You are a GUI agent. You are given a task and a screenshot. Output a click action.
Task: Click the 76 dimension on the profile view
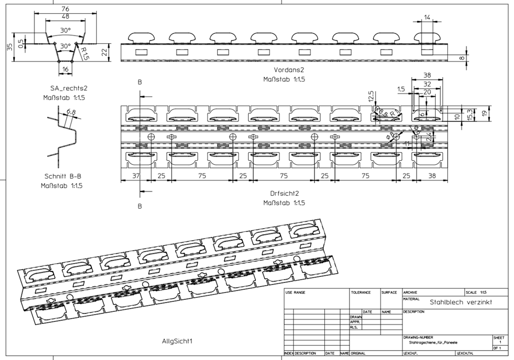coord(65,9)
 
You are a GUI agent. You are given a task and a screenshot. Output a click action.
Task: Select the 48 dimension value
coord(65,18)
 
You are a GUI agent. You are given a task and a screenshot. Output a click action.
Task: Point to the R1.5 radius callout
coord(85,53)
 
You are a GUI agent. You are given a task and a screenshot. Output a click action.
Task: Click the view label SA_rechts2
coord(65,88)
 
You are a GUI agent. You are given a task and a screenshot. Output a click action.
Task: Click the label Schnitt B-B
coord(63,176)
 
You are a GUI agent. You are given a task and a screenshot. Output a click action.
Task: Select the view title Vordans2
coord(289,71)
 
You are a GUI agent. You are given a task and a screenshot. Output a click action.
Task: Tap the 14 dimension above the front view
coord(427,18)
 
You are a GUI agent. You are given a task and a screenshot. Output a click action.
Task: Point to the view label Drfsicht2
coord(284,193)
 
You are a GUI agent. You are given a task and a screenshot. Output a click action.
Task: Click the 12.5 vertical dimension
coord(371,96)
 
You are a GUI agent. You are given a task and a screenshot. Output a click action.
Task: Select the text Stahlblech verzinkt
coord(460,301)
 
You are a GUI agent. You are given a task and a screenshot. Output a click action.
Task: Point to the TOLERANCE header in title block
coord(361,293)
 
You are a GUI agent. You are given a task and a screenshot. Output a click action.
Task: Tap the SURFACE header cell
coord(389,293)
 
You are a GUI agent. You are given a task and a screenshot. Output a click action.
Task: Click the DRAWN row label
coord(355,316)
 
